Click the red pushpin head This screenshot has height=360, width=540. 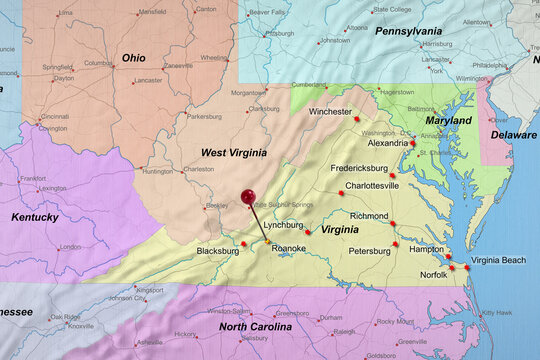(x=248, y=198)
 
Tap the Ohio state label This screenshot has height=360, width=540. (x=133, y=58)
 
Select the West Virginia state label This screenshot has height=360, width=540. (x=233, y=153)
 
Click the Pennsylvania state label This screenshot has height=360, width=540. (x=408, y=31)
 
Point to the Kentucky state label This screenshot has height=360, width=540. (x=35, y=216)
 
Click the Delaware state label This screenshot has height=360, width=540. (x=513, y=134)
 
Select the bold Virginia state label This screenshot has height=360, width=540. (x=340, y=229)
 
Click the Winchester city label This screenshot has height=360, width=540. (x=330, y=112)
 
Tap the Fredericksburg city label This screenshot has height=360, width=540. (x=365, y=168)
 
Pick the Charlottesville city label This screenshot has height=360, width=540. (x=372, y=185)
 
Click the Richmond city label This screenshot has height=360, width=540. (x=369, y=215)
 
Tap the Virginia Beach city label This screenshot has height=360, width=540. (x=498, y=260)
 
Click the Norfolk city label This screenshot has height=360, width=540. (x=433, y=274)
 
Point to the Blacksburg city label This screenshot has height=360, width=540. (x=217, y=251)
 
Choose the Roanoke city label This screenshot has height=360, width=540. (x=289, y=248)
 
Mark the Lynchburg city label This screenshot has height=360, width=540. (x=283, y=225)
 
